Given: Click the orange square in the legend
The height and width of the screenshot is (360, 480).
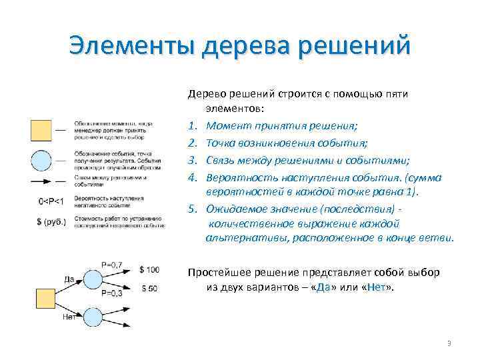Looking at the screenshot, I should (41, 129).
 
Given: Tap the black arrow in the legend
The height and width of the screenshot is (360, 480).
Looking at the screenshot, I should (41, 181).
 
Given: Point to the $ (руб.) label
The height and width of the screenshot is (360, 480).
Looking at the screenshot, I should (51, 221).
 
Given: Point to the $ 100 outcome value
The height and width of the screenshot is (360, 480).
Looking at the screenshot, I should (149, 269).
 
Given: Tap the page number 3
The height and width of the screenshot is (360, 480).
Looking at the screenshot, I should (449, 343).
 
